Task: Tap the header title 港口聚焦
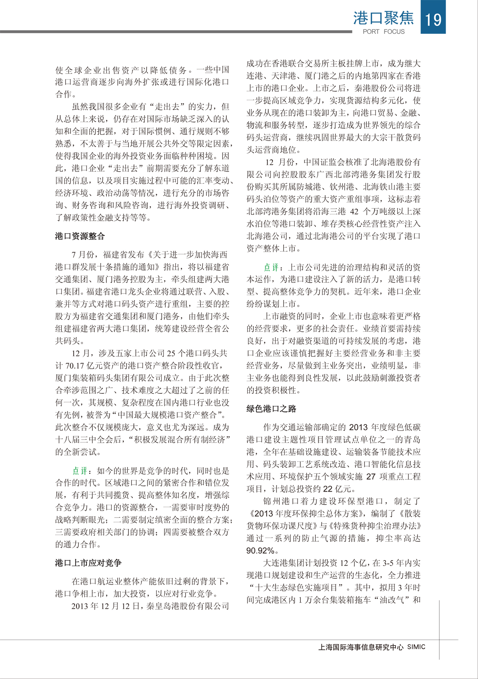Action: [x=383, y=18]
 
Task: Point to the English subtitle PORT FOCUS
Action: [x=383, y=32]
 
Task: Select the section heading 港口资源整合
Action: [x=80, y=236]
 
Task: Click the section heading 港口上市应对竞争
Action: [x=88, y=563]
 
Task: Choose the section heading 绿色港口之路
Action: [x=271, y=409]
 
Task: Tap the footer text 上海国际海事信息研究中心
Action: [x=361, y=647]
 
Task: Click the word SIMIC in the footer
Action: [x=416, y=647]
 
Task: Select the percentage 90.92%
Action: [x=261, y=551]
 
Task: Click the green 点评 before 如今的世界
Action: [x=80, y=471]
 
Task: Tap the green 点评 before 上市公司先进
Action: [x=271, y=267]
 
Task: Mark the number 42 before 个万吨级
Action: [x=354, y=212]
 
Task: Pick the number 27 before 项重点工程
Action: [x=371, y=477]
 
